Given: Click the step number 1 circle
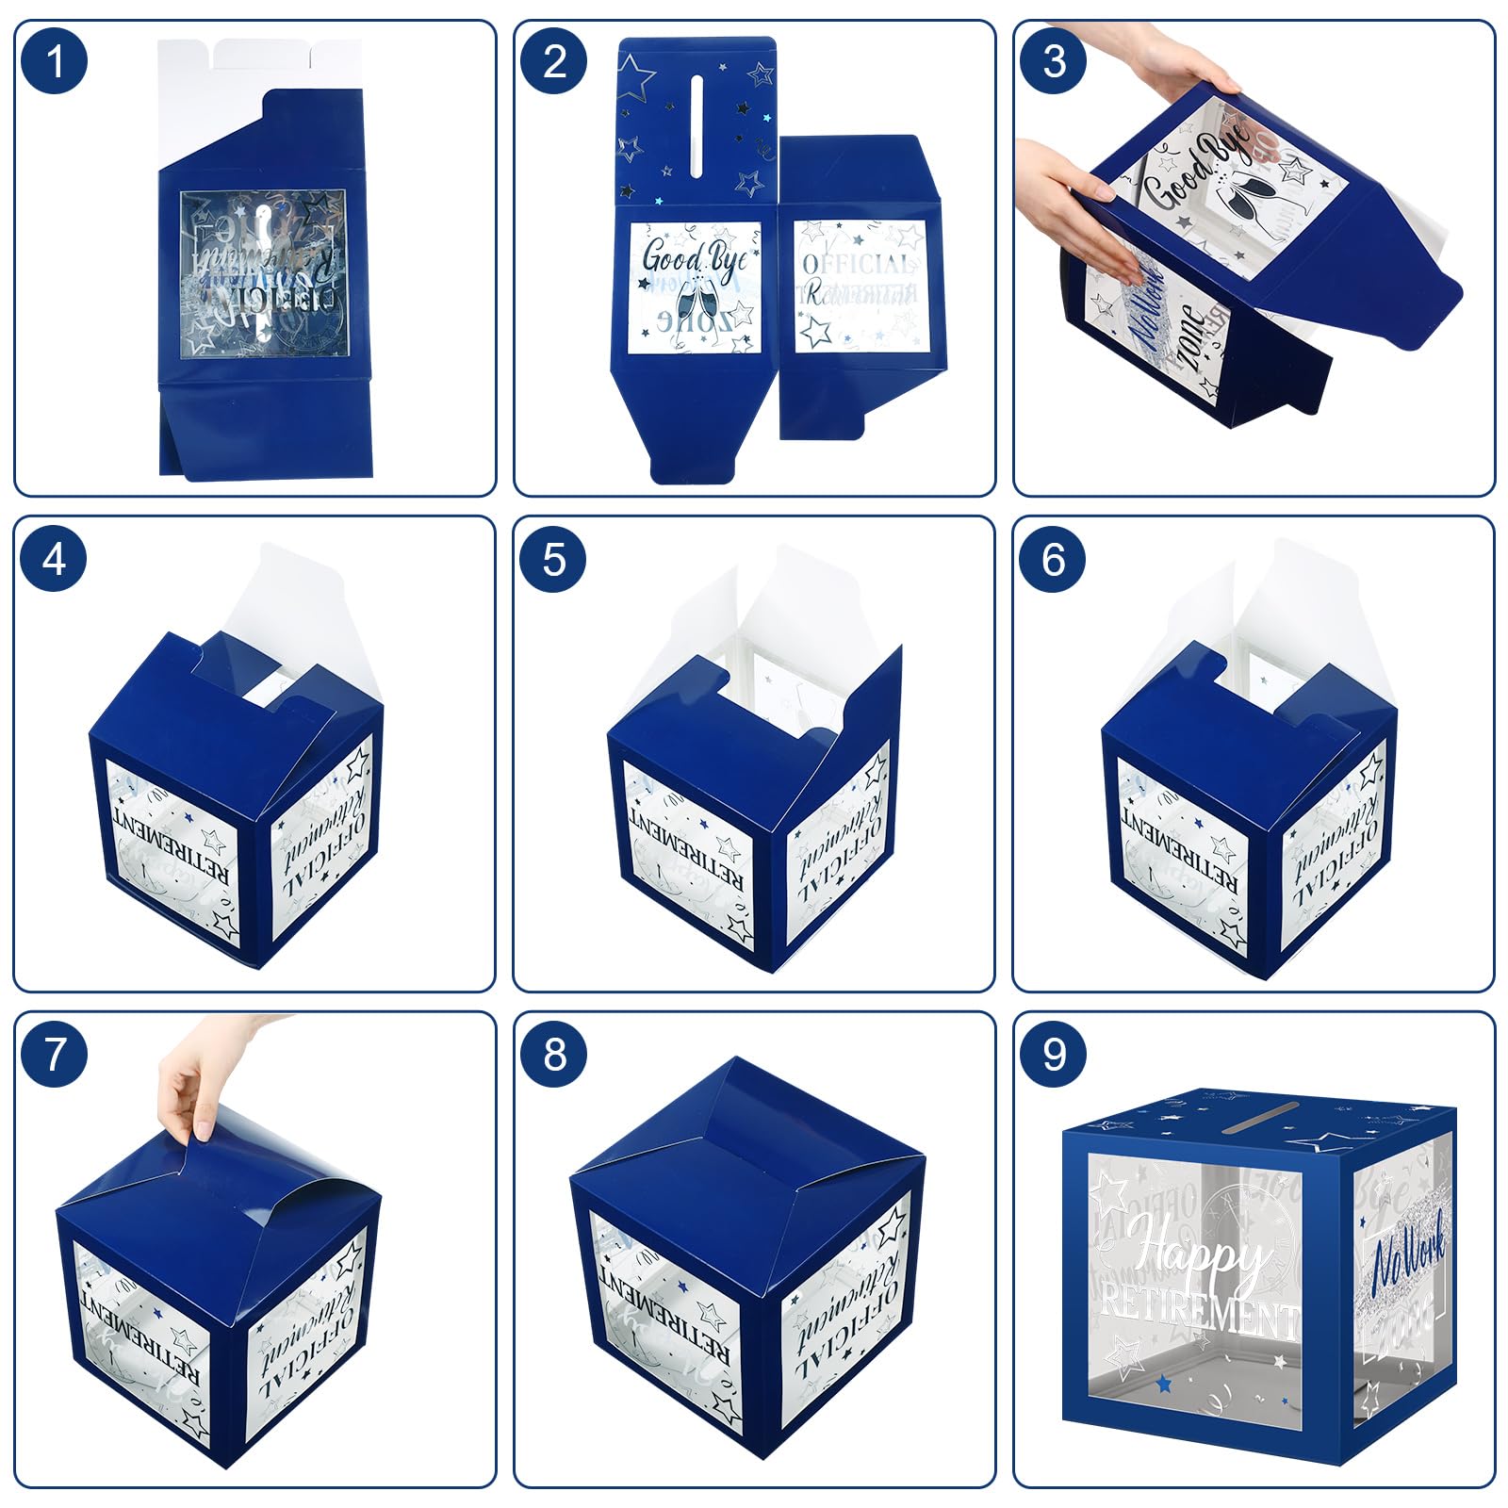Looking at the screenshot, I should [x=54, y=61].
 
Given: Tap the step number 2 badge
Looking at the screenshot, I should [x=554, y=61].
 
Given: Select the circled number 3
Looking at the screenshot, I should [x=1054, y=61].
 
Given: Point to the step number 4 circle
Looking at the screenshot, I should [x=54, y=559].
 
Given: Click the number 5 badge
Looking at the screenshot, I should [x=554, y=559].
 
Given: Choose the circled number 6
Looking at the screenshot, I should [x=1054, y=559].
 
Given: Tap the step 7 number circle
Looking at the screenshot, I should [x=54, y=1054].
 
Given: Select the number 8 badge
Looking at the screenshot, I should [x=554, y=1054].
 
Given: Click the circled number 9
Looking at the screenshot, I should [x=1054, y=1054].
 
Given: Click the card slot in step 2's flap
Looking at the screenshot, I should [x=697, y=126].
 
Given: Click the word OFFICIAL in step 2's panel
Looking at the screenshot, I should [x=858, y=264].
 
